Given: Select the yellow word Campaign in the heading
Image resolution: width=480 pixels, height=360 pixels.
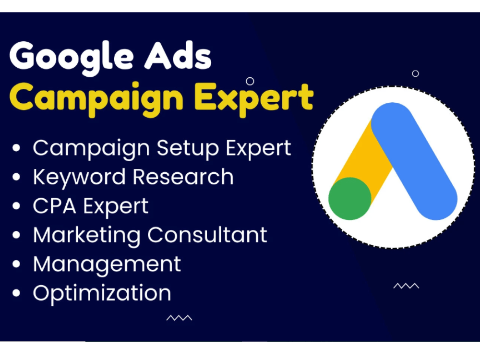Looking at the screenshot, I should (x=96, y=97).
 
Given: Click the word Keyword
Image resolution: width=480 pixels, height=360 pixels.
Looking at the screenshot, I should (x=80, y=177).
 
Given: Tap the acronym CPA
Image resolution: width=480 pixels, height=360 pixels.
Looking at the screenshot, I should (x=54, y=206).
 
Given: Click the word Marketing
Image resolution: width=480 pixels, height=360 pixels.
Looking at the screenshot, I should (x=87, y=235).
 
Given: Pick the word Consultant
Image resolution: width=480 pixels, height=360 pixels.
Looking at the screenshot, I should (x=207, y=235).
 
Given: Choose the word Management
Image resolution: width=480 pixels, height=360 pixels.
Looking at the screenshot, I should (x=107, y=264).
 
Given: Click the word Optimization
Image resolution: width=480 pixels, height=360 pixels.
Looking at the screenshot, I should (x=102, y=293).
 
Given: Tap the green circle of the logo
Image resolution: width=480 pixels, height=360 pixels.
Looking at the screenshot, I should (x=349, y=198).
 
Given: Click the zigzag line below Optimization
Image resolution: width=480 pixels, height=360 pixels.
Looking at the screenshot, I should (x=179, y=318).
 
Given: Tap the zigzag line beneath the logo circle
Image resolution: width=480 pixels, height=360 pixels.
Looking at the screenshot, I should (x=406, y=286).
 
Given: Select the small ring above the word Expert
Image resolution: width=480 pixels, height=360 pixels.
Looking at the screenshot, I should (x=250, y=81).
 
